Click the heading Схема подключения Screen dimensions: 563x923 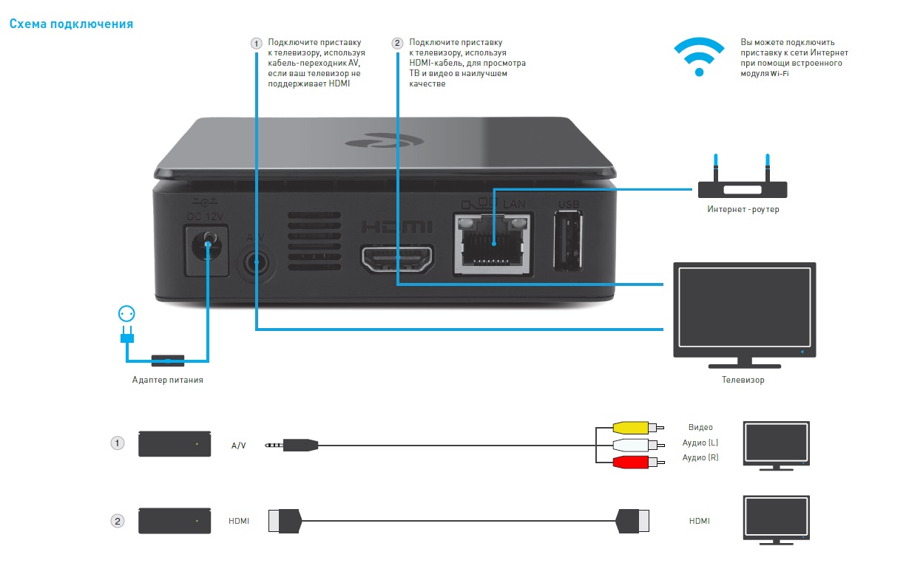(71, 24)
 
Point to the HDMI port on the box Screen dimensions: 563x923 (397, 258)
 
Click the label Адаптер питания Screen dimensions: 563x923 (168, 380)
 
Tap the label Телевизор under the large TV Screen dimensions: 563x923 (743, 380)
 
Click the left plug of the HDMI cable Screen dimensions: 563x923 (284, 520)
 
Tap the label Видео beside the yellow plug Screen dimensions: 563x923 (700, 427)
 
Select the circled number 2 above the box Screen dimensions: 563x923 (398, 44)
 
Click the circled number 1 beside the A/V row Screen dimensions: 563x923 (117, 443)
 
